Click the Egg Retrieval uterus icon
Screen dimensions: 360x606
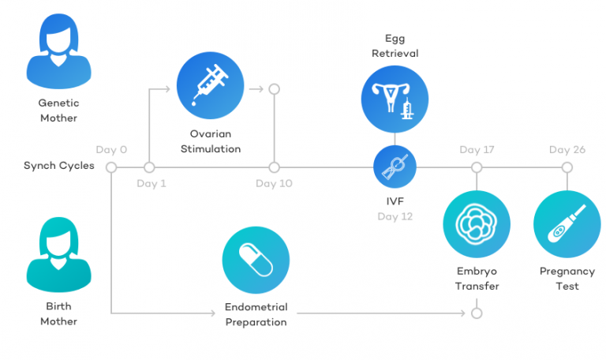point(395,100)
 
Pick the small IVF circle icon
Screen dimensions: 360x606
point(395,167)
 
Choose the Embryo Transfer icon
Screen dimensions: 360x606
point(477,223)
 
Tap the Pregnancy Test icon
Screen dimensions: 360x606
point(567,223)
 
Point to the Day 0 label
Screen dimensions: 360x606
point(111,150)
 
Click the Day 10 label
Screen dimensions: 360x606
point(274,184)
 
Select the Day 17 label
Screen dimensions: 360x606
point(477,150)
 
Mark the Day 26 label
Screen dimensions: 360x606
point(567,150)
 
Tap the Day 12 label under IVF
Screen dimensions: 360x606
point(395,216)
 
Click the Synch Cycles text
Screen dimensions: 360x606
point(59,166)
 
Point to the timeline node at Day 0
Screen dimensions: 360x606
point(111,167)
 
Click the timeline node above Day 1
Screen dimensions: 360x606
point(149,167)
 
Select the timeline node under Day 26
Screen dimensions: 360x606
point(567,167)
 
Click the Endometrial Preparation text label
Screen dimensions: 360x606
point(256,314)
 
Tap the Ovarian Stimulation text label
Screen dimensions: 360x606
point(210,141)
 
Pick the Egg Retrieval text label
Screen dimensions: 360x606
point(395,46)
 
